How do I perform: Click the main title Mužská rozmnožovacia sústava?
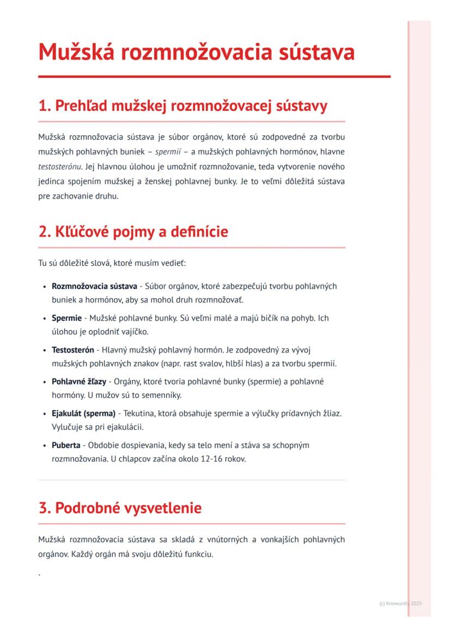[196, 52]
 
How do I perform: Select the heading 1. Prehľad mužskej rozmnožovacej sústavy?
[183, 106]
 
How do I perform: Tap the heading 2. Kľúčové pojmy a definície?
[133, 232]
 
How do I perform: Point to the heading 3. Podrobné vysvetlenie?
[120, 508]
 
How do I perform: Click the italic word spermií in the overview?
[168, 151]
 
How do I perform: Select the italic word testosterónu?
[59, 166]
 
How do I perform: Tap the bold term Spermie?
[66, 318]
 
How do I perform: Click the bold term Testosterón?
[72, 350]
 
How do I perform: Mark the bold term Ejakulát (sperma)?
[83, 413]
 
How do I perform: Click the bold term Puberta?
[65, 445]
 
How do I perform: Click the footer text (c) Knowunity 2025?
[400, 603]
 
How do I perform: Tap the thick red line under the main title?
[214, 77]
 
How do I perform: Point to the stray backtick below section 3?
[40, 574]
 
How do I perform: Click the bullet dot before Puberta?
[44, 446]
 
